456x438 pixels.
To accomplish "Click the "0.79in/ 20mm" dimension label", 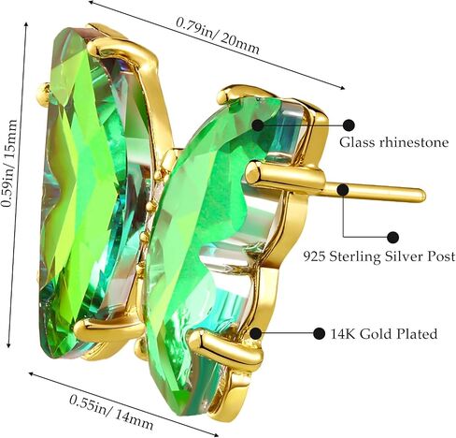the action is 218,35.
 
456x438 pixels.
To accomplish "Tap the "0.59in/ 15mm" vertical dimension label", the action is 8,163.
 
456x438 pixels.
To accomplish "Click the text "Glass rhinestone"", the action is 393,142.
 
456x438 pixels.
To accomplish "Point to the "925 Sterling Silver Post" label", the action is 379,256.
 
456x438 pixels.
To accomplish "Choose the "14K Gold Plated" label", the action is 384,334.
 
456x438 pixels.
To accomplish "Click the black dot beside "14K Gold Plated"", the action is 319,333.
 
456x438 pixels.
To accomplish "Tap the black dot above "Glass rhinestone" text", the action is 349,125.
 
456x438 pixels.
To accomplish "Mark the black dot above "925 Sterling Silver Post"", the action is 392,238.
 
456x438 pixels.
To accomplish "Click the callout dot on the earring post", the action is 343,190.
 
